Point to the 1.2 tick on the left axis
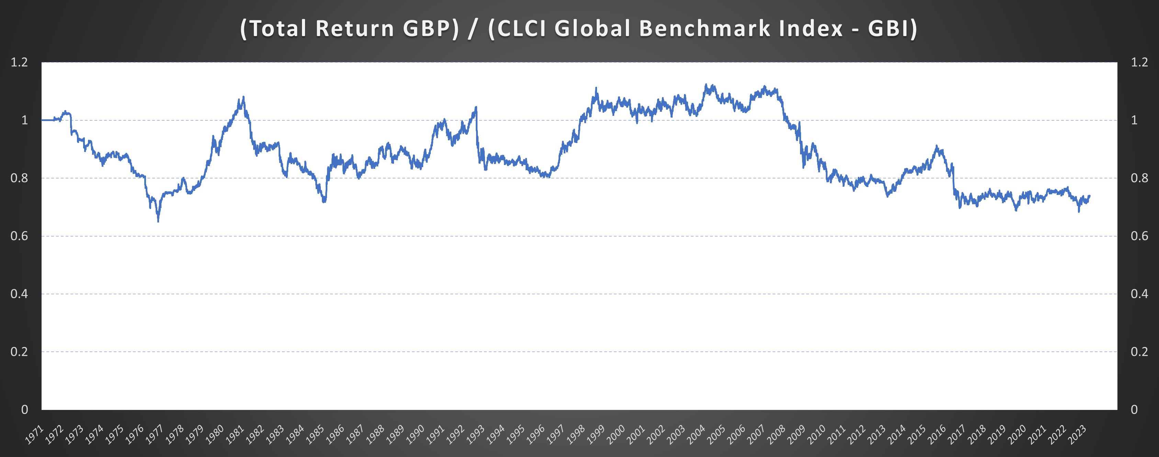pyautogui.click(x=19, y=62)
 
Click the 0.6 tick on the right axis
pyautogui.click(x=1139, y=236)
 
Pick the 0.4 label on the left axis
pyautogui.click(x=19, y=294)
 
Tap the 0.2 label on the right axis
pyautogui.click(x=1139, y=352)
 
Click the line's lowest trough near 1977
pyautogui.click(x=158, y=221)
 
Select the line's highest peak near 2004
pyautogui.click(x=706, y=84)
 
